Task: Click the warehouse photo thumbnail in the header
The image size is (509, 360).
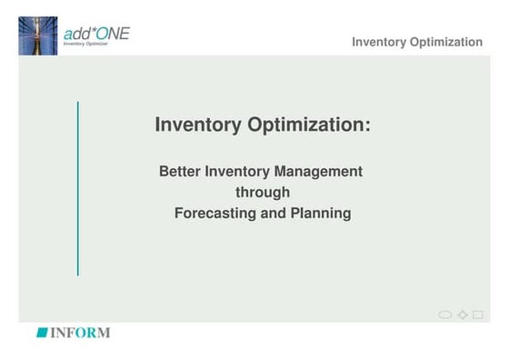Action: [x=38, y=35]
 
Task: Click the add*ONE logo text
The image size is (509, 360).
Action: [x=96, y=34]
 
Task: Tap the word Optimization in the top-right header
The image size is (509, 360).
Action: [x=450, y=42]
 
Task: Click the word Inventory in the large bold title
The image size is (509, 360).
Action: [x=199, y=125]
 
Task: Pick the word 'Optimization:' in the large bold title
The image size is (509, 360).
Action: [x=309, y=125]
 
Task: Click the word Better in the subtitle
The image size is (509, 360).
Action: [x=180, y=171]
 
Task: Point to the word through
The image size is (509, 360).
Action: [x=263, y=193]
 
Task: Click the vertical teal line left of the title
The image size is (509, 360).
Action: [x=78, y=188]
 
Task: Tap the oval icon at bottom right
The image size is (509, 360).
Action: [x=444, y=315]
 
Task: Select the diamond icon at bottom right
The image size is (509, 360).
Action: [x=462, y=315]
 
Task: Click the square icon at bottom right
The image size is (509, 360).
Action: [x=478, y=315]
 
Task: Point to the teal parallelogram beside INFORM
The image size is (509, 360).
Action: [x=41, y=333]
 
